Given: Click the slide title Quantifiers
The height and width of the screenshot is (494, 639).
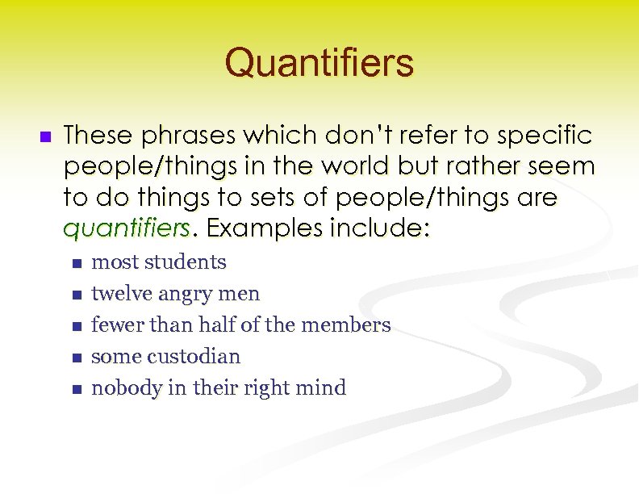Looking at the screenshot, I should tap(319, 62).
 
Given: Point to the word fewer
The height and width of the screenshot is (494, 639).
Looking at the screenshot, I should tap(115, 325).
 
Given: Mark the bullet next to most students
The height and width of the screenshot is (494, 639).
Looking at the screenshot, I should tap(76, 263).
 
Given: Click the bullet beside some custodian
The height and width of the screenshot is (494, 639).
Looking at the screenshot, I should tap(76, 358).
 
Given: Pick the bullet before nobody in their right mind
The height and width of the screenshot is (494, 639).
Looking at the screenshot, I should tap(76, 389).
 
